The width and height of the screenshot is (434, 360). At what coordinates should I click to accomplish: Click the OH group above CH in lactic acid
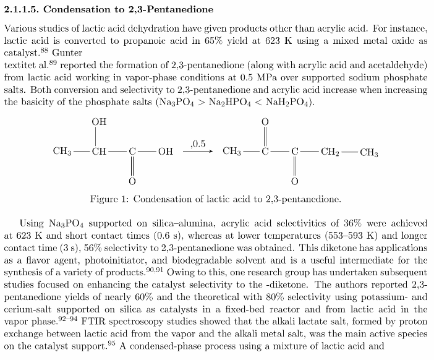coord(99,122)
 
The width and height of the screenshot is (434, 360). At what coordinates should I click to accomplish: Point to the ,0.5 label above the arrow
coord(198,144)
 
